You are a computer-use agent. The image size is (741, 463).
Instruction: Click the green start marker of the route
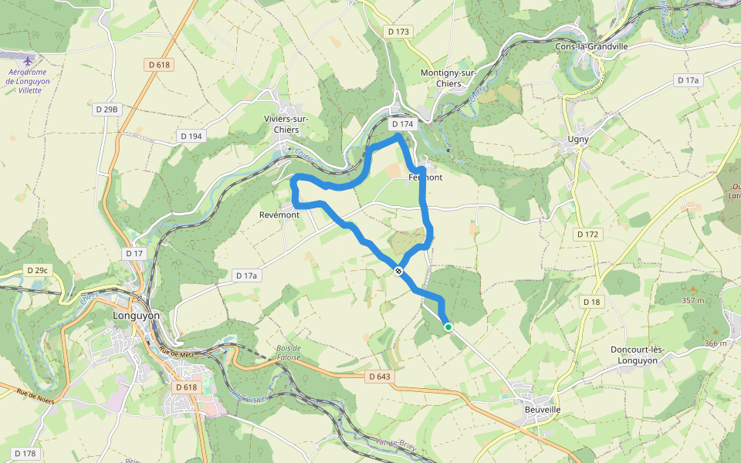click(x=448, y=327)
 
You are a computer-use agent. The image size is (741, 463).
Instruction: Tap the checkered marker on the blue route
click(x=398, y=271)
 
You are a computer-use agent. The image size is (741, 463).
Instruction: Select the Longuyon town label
click(x=136, y=316)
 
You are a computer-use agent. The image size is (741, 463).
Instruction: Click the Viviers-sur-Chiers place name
click(x=286, y=124)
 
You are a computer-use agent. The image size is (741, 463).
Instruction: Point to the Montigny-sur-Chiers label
click(x=448, y=78)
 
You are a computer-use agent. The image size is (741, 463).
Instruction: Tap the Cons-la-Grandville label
click(x=592, y=46)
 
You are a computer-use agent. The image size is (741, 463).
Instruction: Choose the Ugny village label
click(x=578, y=140)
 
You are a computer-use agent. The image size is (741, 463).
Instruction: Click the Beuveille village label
click(x=542, y=409)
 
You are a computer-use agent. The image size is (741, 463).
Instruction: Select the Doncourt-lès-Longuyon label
click(x=637, y=355)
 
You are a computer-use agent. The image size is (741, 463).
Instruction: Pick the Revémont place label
click(x=279, y=215)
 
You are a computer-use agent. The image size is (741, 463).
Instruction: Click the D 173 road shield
click(x=398, y=32)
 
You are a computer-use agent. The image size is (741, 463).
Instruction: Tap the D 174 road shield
click(x=402, y=123)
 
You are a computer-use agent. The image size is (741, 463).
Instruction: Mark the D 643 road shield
click(x=380, y=377)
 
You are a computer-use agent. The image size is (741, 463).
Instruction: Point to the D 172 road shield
click(x=587, y=233)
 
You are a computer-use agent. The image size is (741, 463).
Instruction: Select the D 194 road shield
click(x=191, y=136)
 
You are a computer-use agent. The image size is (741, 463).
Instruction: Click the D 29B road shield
click(x=107, y=110)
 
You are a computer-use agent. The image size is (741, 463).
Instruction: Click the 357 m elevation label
click(x=692, y=300)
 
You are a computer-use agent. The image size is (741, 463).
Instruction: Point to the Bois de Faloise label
click(x=288, y=352)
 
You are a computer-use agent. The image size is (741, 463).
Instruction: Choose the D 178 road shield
click(x=25, y=454)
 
